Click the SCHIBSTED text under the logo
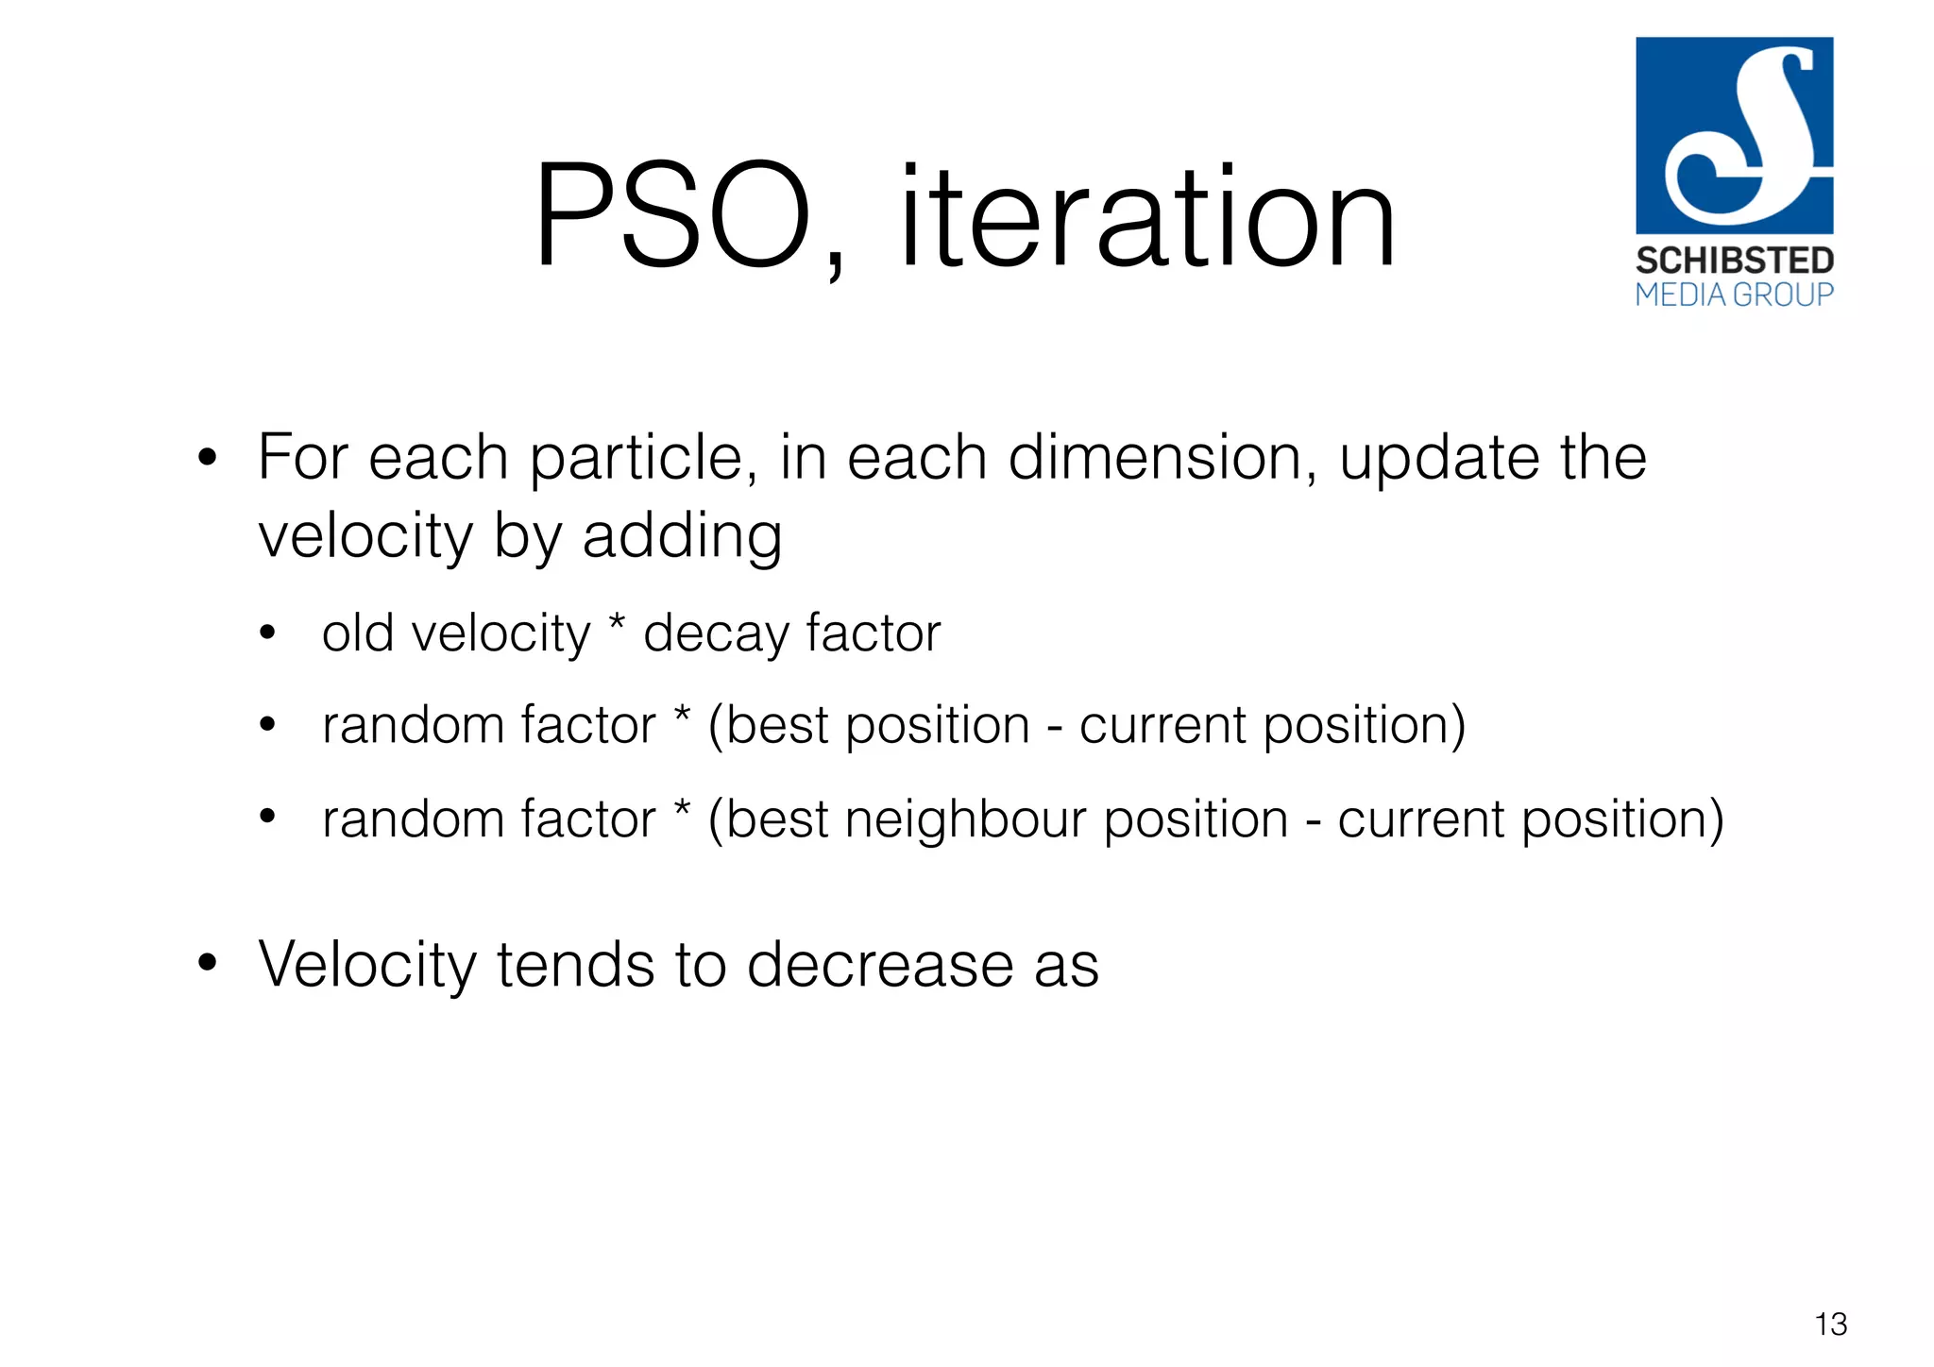point(1734,261)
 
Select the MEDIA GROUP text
point(1734,295)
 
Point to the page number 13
point(1830,1325)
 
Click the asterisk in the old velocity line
point(617,623)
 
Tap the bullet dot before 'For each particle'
point(208,460)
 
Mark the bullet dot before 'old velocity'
point(268,633)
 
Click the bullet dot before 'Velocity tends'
point(208,964)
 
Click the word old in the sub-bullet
point(357,633)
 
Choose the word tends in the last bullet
point(575,965)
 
